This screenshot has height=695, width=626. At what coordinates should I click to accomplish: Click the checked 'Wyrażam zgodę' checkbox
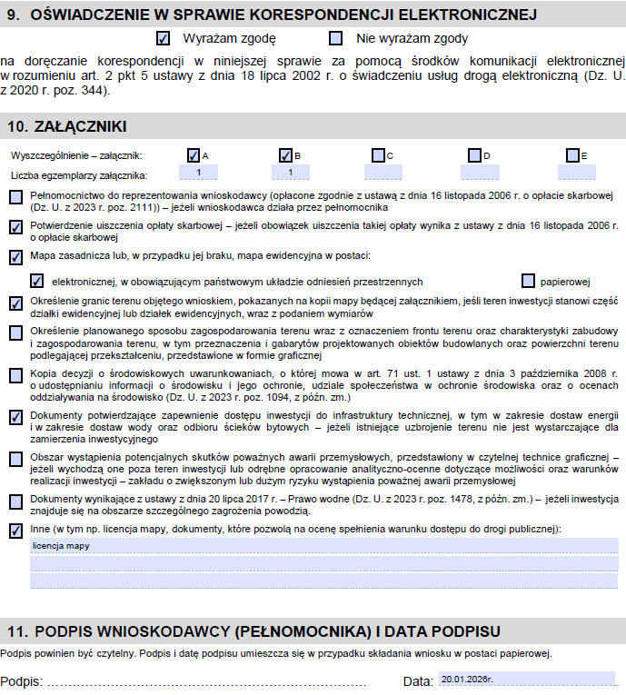pyautogui.click(x=164, y=39)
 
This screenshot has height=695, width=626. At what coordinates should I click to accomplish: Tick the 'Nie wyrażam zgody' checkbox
pyautogui.click(x=336, y=39)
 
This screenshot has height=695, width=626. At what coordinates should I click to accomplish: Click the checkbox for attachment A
pyautogui.click(x=194, y=155)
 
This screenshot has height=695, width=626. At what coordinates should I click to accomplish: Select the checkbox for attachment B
pyautogui.click(x=285, y=155)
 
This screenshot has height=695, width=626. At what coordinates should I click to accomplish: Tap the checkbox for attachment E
pyautogui.click(x=572, y=155)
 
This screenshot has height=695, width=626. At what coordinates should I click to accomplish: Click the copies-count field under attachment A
pyautogui.click(x=198, y=173)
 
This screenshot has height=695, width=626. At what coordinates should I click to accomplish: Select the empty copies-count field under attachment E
pyautogui.click(x=576, y=173)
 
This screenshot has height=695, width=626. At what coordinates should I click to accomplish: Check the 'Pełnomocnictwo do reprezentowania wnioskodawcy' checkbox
pyautogui.click(x=15, y=197)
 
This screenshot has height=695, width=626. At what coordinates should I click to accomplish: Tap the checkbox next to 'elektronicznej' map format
pyautogui.click(x=36, y=282)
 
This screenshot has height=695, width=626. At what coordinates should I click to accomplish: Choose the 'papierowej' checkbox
pyautogui.click(x=528, y=282)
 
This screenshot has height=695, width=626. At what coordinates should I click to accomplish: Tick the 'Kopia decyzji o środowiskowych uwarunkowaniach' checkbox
pyautogui.click(x=15, y=374)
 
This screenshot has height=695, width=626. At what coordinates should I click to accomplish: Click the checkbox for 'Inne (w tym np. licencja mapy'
pyautogui.click(x=15, y=531)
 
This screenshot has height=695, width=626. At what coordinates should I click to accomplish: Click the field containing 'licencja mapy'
pyautogui.click(x=323, y=546)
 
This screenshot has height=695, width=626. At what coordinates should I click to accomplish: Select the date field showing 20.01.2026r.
pyautogui.click(x=527, y=679)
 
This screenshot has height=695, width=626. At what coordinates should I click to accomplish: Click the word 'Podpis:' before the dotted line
pyautogui.click(x=21, y=681)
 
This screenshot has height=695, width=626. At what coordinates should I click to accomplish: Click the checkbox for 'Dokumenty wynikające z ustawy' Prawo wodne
pyautogui.click(x=15, y=501)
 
